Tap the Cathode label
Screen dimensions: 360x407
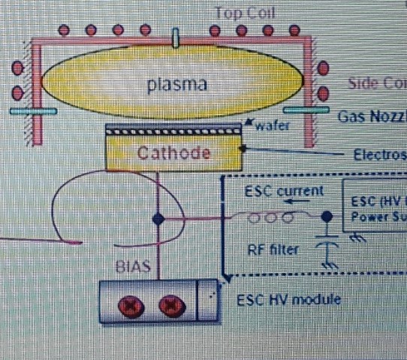tap(174, 154)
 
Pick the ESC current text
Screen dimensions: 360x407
tap(285, 191)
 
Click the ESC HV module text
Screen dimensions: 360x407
tap(288, 299)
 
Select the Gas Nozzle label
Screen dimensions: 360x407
tap(371, 116)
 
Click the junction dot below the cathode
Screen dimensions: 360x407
tap(158, 219)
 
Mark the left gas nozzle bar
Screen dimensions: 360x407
tap(34, 111)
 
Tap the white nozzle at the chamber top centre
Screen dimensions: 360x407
tap(176, 38)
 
